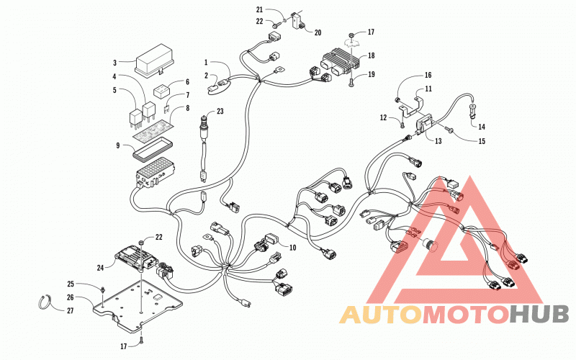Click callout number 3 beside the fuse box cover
tap(114, 63)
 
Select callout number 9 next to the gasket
tap(118, 146)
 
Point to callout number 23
tap(220, 111)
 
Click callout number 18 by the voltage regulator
tap(372, 55)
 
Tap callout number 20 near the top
tap(318, 32)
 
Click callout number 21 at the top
tap(260, 10)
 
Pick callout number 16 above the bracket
tap(428, 76)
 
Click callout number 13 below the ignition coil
tap(438, 141)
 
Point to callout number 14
tap(482, 127)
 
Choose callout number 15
tap(482, 141)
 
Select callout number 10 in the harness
tap(293, 248)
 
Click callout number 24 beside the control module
tap(100, 268)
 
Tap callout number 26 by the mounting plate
tap(71, 297)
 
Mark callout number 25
tap(71, 284)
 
